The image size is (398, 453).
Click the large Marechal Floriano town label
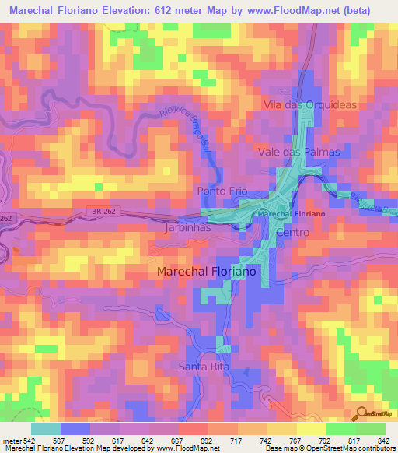point(206,272)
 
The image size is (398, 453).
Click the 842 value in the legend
point(382,440)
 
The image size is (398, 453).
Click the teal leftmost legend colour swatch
point(45,429)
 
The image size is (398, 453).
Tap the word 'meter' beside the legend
point(11,440)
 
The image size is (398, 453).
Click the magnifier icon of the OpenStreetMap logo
point(361,413)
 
